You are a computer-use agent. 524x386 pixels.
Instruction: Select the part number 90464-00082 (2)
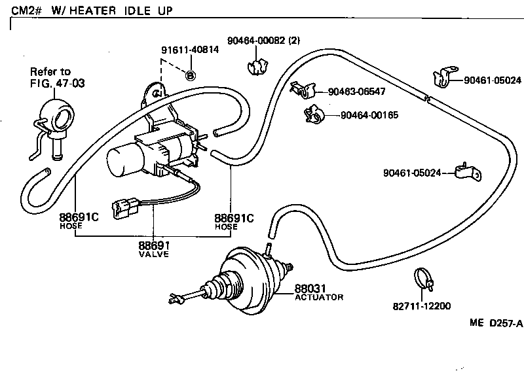pyautogui.click(x=263, y=40)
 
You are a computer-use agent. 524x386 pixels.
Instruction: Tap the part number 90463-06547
pyautogui.click(x=356, y=92)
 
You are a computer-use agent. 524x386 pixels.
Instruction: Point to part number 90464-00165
pyautogui.click(x=369, y=115)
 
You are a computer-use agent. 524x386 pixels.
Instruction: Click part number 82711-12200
pyautogui.click(x=422, y=306)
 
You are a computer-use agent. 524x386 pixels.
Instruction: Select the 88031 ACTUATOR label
pyautogui.click(x=318, y=292)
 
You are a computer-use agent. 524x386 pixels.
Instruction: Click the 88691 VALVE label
pyautogui.click(x=153, y=249)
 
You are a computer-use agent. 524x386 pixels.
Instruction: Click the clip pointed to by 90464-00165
pyautogui.click(x=313, y=115)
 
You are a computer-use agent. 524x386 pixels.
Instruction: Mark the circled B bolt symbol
pyautogui.click(x=191, y=75)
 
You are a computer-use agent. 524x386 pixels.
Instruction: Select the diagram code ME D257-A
pyautogui.click(x=496, y=323)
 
